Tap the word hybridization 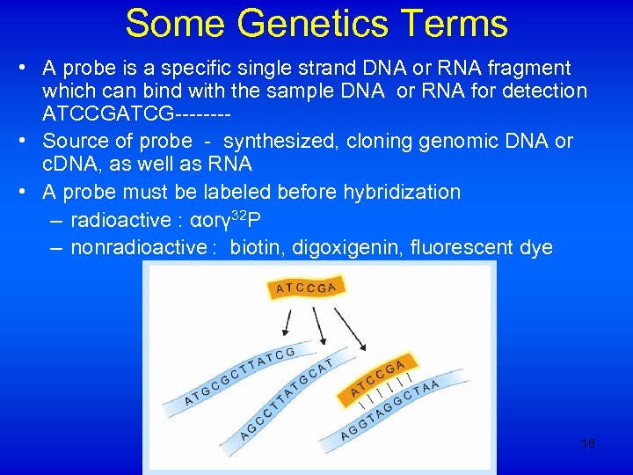400,192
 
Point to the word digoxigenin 353,248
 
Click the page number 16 588,443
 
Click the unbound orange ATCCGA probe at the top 306,287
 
